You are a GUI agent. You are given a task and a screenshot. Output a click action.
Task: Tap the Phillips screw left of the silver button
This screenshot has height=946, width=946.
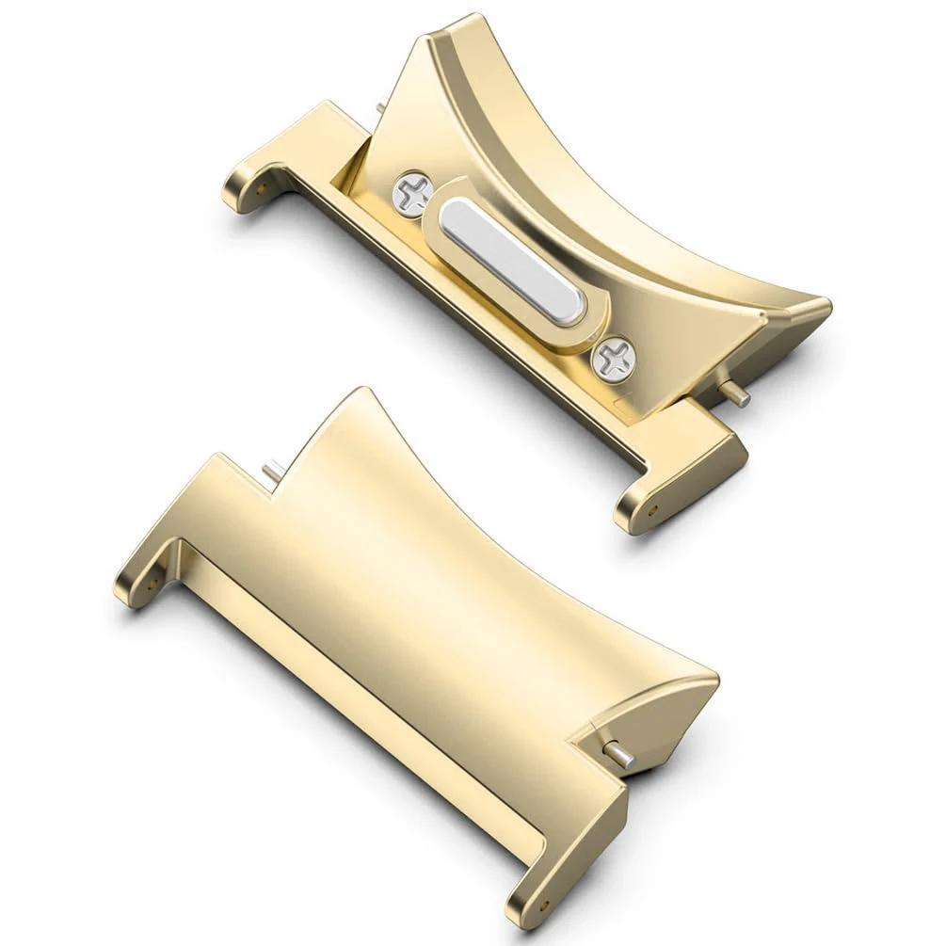(x=411, y=195)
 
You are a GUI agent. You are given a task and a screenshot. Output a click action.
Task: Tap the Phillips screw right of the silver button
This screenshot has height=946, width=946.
(x=614, y=358)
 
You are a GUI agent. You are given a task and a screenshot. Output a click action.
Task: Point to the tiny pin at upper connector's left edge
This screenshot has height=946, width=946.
(x=380, y=109)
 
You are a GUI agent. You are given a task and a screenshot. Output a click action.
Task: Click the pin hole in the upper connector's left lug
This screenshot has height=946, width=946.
(x=256, y=184)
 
